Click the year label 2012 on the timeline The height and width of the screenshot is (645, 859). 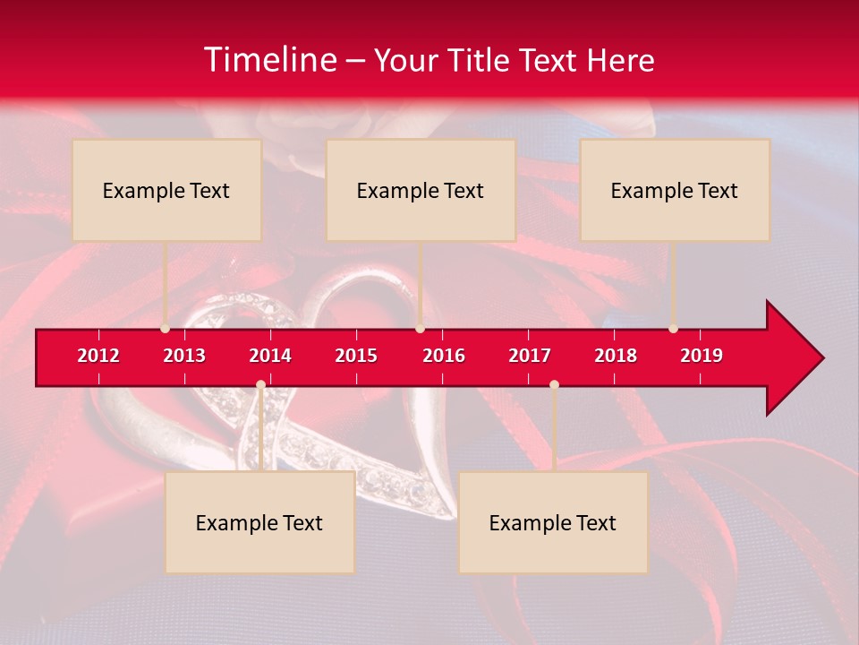pyautogui.click(x=98, y=356)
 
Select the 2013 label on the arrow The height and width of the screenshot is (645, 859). pyautogui.click(x=184, y=356)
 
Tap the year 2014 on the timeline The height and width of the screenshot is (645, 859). pyautogui.click(x=270, y=356)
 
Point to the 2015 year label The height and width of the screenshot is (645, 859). pyautogui.click(x=356, y=356)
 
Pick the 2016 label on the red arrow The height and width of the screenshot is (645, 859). pyautogui.click(x=444, y=356)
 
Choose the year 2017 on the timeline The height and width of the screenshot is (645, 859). pyautogui.click(x=530, y=356)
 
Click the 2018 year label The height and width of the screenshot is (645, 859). pyautogui.click(x=616, y=356)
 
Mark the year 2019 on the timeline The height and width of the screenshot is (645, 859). pyautogui.click(x=702, y=356)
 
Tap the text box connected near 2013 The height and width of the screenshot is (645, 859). pyautogui.click(x=166, y=190)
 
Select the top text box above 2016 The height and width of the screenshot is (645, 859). pyautogui.click(x=421, y=190)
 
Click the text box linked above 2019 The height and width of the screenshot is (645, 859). pyautogui.click(x=675, y=190)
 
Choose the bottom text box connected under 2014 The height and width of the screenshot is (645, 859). pyautogui.click(x=259, y=522)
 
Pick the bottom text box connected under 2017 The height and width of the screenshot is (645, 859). pyautogui.click(x=553, y=522)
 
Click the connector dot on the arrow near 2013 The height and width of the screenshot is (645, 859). pyautogui.click(x=165, y=329)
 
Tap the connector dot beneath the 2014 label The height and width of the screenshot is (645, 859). pyautogui.click(x=260, y=384)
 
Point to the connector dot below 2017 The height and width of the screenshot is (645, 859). pyautogui.click(x=554, y=384)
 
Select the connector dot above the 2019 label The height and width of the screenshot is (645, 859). pyautogui.click(x=673, y=329)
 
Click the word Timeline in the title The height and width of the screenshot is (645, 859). pyautogui.click(x=268, y=60)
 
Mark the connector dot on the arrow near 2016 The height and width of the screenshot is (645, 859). pyautogui.click(x=420, y=329)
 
